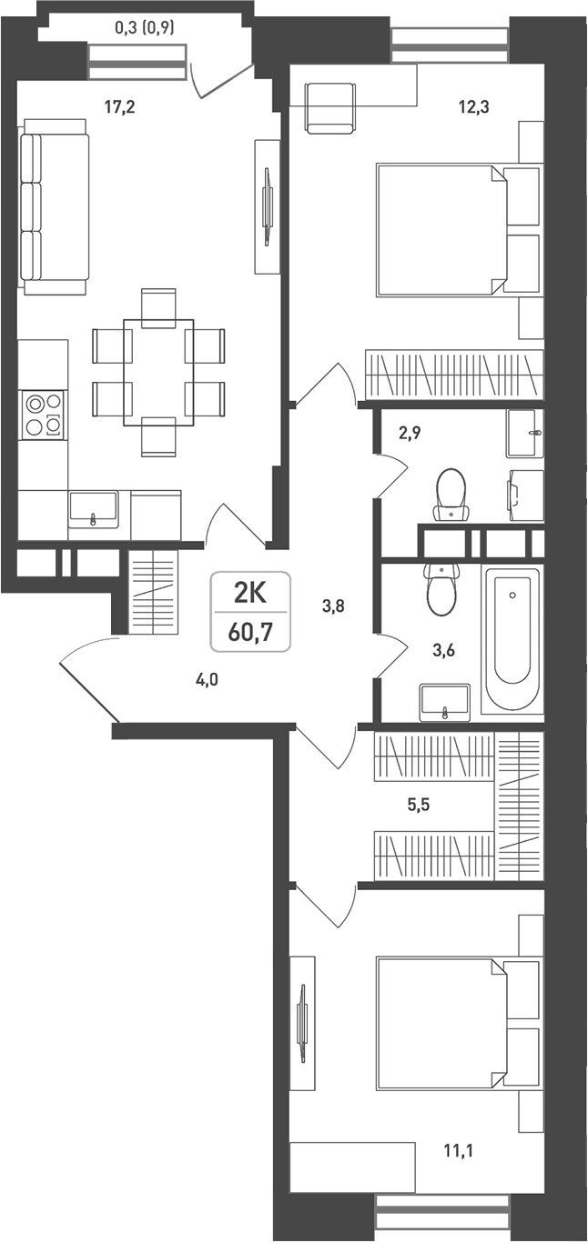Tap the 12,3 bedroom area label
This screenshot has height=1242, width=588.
(473, 107)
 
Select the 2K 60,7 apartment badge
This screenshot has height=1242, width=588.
(249, 611)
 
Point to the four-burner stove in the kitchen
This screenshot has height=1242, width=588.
(44, 415)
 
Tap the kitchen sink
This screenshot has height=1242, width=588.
(93, 508)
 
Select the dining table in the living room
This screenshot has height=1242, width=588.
(158, 371)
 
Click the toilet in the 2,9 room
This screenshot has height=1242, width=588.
(450, 494)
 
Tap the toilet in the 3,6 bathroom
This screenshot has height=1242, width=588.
(441, 590)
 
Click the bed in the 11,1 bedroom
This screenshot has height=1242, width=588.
(442, 1022)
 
